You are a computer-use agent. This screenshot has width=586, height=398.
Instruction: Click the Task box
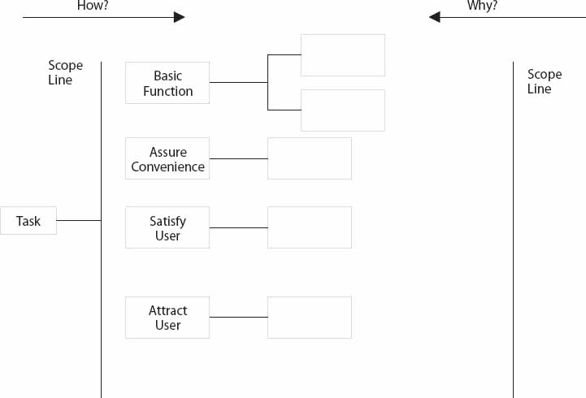28,221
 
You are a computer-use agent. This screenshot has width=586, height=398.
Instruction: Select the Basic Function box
167,83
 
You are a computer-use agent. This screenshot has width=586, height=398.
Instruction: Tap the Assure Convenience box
167,158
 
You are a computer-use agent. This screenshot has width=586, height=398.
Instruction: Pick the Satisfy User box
167,227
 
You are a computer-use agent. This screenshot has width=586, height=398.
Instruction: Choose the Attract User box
167,318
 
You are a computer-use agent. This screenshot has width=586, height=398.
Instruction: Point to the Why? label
483,6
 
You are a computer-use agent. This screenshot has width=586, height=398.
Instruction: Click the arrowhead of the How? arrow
179,17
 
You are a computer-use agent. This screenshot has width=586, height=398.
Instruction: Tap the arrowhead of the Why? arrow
436,17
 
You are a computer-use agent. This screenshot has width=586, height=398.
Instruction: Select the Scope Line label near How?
65,73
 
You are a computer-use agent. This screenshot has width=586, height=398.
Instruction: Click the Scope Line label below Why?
545,81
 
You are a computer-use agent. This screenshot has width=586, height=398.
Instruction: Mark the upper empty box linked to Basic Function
342,55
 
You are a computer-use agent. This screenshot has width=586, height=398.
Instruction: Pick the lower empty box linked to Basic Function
342,110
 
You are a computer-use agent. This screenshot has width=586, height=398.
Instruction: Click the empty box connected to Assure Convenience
309,158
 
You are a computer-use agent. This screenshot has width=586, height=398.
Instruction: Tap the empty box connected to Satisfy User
309,227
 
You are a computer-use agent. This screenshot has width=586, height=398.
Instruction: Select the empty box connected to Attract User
309,318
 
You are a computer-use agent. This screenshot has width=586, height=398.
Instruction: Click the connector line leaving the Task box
79,220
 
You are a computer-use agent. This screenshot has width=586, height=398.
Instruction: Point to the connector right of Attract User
238,317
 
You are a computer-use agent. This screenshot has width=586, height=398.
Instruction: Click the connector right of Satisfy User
238,227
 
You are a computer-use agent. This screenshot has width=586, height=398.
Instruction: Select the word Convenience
167,167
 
